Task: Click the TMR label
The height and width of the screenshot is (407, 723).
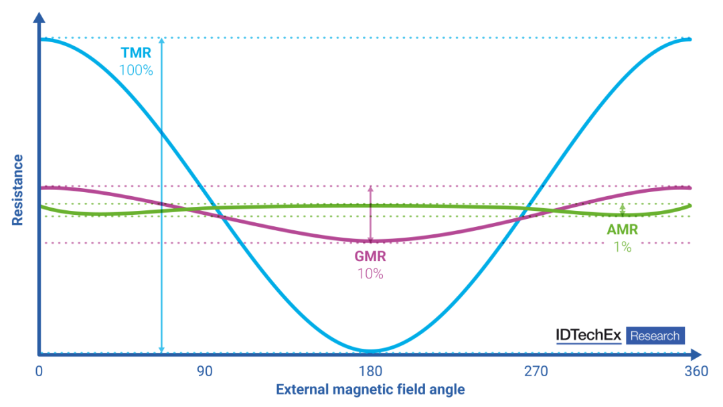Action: click(136, 52)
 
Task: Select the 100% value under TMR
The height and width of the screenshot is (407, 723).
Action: click(136, 69)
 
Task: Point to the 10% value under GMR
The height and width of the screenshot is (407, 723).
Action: click(370, 273)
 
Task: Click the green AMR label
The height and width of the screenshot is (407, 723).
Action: click(622, 230)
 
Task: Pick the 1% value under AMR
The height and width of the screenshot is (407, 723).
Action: click(622, 246)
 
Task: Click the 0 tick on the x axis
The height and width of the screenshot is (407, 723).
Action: click(39, 372)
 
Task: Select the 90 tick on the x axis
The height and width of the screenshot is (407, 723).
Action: click(204, 372)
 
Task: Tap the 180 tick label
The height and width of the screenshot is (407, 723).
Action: click(370, 372)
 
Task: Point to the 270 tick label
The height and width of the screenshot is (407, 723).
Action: click(536, 372)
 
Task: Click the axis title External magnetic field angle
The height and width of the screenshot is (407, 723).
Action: click(370, 390)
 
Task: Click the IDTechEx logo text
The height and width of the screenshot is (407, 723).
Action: click(588, 335)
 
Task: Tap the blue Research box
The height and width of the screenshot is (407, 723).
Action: click(655, 335)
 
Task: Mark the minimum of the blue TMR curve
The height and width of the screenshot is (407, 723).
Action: click(370, 351)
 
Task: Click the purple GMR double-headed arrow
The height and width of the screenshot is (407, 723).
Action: click(370, 214)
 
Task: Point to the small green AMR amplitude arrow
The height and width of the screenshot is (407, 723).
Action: click(623, 210)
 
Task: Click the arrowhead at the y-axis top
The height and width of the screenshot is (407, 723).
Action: click(39, 16)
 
